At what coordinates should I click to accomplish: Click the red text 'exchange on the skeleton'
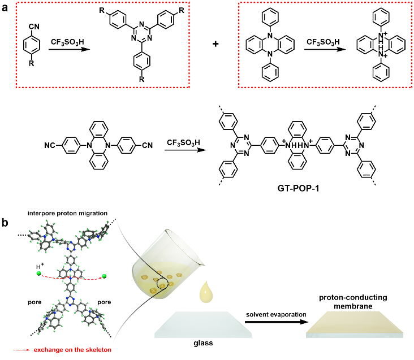tap(71, 350)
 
